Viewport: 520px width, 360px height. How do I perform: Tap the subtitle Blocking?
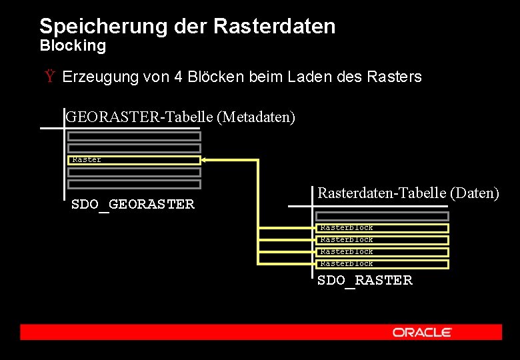(x=73, y=46)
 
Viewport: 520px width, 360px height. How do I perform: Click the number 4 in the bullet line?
(x=178, y=77)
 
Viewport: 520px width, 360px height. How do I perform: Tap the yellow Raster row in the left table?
(x=134, y=160)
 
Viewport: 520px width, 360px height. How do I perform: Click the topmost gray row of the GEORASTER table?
(x=134, y=136)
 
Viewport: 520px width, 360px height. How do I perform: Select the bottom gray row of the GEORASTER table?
(x=134, y=184)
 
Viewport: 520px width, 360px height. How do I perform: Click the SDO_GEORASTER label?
(x=133, y=205)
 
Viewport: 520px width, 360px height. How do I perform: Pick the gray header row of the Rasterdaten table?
(x=383, y=216)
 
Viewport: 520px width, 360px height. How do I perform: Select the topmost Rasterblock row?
(x=383, y=228)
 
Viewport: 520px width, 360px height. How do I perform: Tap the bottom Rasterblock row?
(x=383, y=264)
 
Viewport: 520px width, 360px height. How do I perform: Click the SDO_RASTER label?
(x=365, y=281)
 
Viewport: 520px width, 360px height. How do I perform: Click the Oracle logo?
(x=422, y=332)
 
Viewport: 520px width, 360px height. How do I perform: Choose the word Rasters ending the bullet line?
(x=394, y=77)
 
